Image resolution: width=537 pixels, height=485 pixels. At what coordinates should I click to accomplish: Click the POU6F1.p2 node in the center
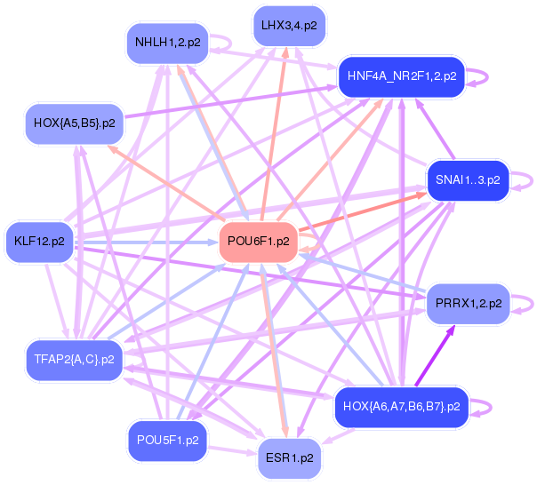[x=258, y=241]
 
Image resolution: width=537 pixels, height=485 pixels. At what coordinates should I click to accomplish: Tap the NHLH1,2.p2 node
[x=167, y=43]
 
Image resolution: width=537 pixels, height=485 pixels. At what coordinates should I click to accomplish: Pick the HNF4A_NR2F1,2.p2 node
[x=402, y=76]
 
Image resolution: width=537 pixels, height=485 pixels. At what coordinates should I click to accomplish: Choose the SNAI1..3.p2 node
[x=467, y=180]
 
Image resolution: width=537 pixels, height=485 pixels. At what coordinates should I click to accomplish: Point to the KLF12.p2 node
[x=40, y=241]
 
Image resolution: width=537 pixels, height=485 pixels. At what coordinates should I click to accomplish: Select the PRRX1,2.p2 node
[x=469, y=303]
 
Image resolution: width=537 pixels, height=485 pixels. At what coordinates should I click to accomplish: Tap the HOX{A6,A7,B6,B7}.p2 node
[x=400, y=407]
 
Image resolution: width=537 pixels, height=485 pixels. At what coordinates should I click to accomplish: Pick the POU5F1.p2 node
[x=167, y=439]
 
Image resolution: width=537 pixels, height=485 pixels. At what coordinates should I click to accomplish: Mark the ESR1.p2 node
[x=290, y=458]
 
